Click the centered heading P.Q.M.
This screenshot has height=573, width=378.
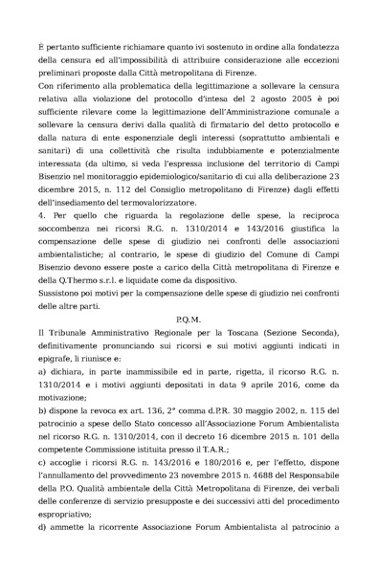click(191, 315)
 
